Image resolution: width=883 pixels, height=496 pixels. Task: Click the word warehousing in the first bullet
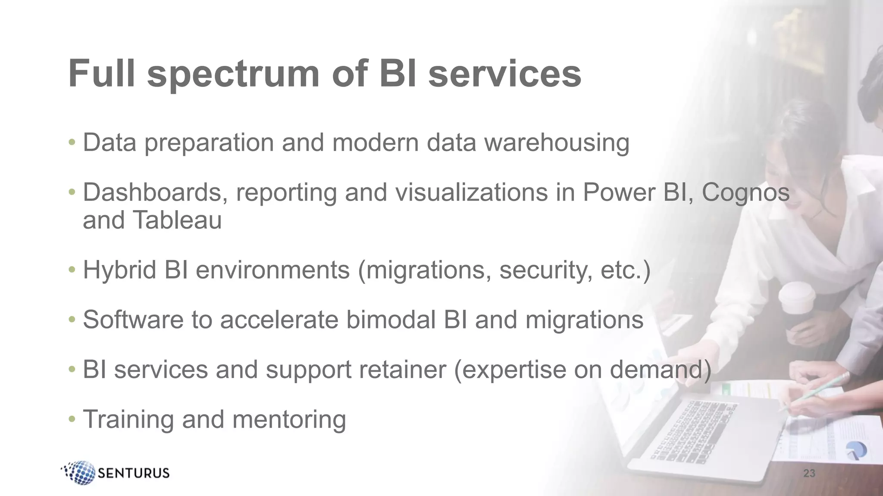tap(557, 143)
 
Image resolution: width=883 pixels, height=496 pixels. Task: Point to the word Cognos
tap(745, 192)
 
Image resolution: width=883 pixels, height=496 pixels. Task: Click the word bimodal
tap(391, 320)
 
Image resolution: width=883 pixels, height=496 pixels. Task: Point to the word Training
tap(128, 420)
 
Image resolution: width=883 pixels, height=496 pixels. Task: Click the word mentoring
tap(289, 420)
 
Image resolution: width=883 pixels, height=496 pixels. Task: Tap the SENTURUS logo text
tap(134, 473)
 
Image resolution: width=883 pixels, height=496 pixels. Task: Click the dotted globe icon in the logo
tap(79, 472)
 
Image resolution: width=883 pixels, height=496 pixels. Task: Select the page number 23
tap(809, 474)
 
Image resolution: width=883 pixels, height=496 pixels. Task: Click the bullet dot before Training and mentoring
tap(72, 419)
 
